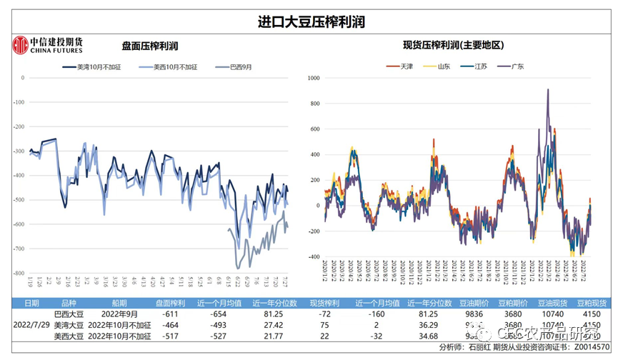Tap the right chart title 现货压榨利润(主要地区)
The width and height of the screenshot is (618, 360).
pos(454,45)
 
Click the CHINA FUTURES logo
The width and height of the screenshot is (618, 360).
pos(48,45)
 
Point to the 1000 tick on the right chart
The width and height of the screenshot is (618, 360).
pos(312,78)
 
